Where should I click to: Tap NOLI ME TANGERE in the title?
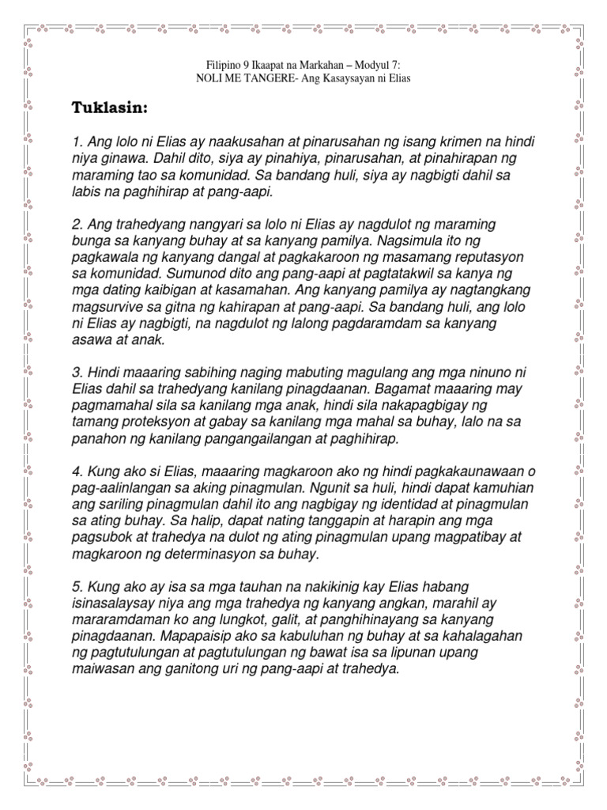[x=246, y=79]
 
